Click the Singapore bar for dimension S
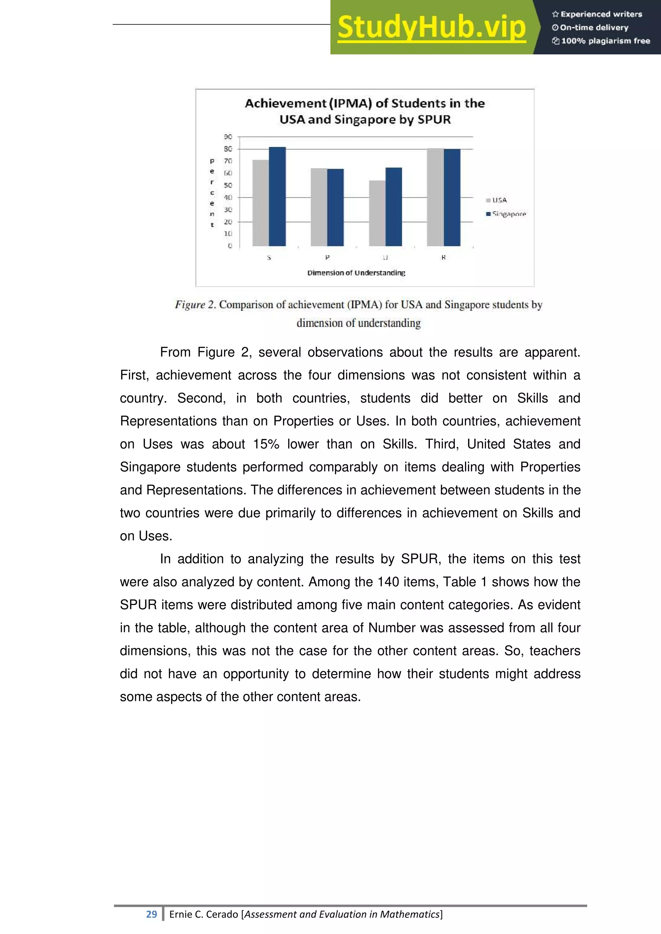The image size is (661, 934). [277, 197]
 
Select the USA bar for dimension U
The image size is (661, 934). [377, 213]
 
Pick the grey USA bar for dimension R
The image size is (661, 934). [435, 198]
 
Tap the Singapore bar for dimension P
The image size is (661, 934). [335, 207]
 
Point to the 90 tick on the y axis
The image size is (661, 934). [228, 137]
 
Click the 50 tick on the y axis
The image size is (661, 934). [228, 185]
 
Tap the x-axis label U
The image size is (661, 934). [385, 257]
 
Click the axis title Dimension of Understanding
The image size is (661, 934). [356, 273]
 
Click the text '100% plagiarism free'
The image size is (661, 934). [605, 41]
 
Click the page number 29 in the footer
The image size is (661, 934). [151, 914]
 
